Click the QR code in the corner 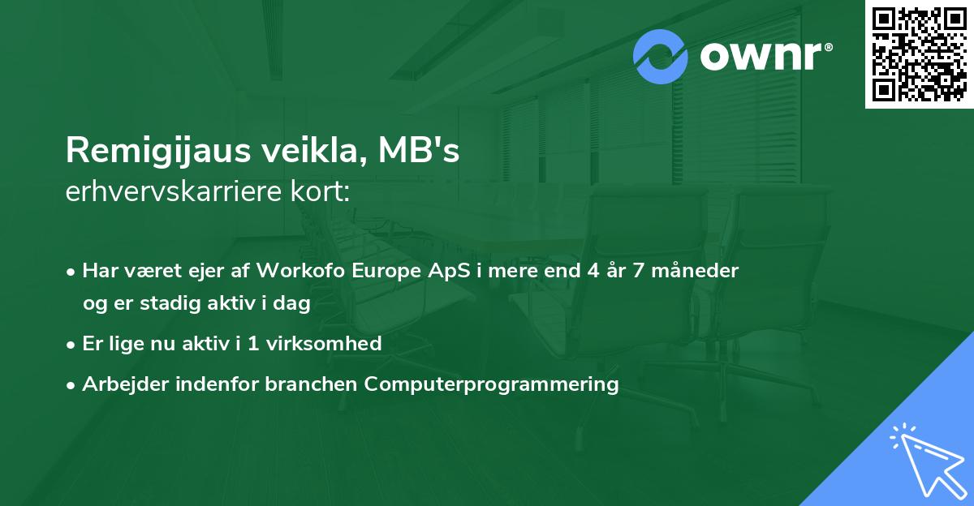[919, 54]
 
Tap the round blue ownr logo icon [661, 57]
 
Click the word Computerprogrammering [492, 384]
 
